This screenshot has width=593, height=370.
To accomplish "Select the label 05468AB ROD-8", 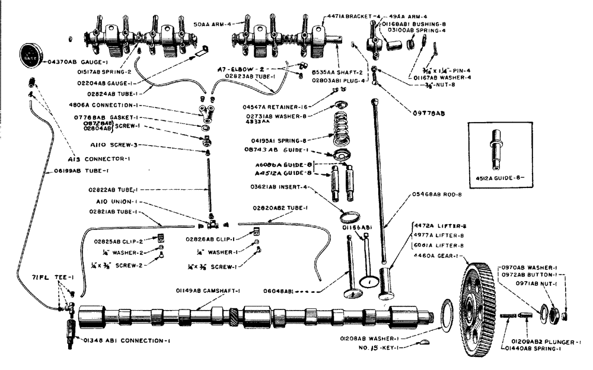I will click(438, 193).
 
